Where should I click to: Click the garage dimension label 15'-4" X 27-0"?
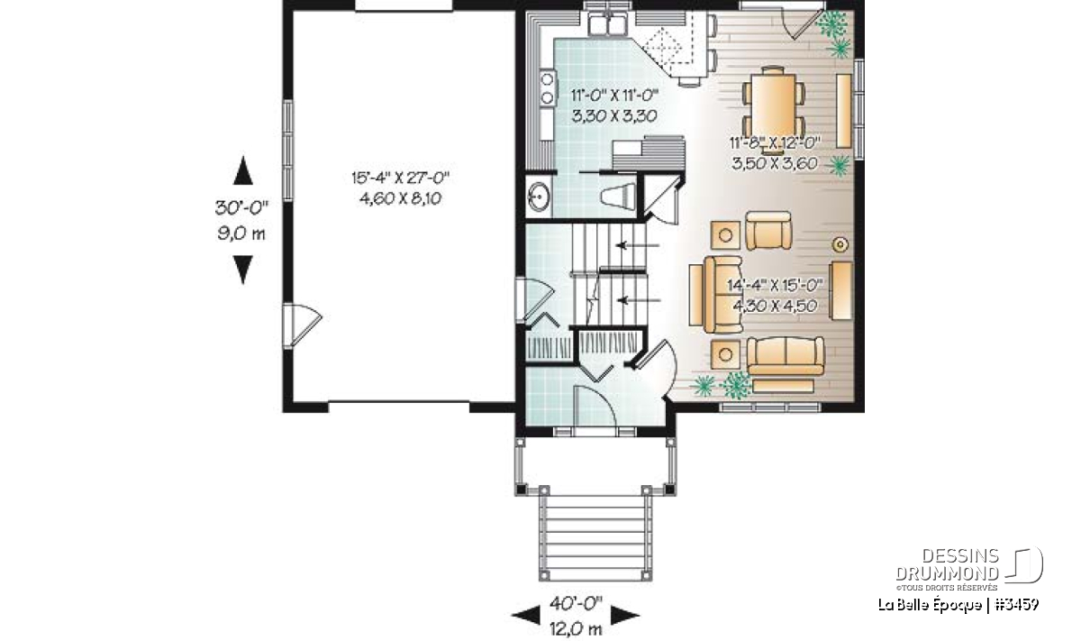[401, 179]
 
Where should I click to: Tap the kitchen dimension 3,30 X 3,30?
[614, 116]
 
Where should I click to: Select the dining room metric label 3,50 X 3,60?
[775, 163]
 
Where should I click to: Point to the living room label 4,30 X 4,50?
[775, 306]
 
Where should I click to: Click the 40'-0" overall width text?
[576, 603]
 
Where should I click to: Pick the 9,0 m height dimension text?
[241, 234]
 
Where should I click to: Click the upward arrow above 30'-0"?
[242, 170]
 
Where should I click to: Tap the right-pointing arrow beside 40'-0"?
[625, 616]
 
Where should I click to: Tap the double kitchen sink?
[607, 24]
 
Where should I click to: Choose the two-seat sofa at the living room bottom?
[786, 356]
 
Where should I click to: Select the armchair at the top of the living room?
[768, 231]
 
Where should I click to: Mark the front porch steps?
[595, 537]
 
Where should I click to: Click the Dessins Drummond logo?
[969, 565]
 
